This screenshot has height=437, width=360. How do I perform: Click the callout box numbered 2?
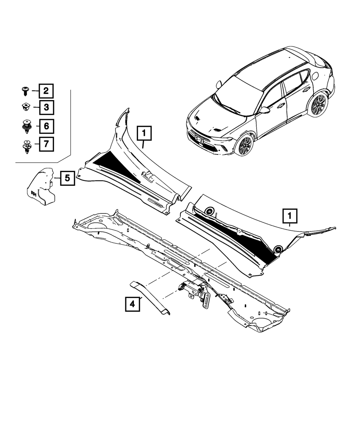(46, 91)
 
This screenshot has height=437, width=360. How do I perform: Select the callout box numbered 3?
(46, 107)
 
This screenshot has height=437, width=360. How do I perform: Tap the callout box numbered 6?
(46, 126)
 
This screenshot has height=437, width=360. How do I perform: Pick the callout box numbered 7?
(46, 145)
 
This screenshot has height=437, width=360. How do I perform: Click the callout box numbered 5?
(68, 177)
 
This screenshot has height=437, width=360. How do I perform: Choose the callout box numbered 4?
(132, 305)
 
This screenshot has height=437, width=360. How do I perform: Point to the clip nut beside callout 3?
(26, 107)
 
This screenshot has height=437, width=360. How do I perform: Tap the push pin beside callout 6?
(26, 126)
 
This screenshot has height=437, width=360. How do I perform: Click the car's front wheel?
(245, 144)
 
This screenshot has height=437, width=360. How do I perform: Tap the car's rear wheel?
(319, 105)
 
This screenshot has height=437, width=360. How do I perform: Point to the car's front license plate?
(198, 138)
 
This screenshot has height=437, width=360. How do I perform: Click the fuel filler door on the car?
(315, 76)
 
